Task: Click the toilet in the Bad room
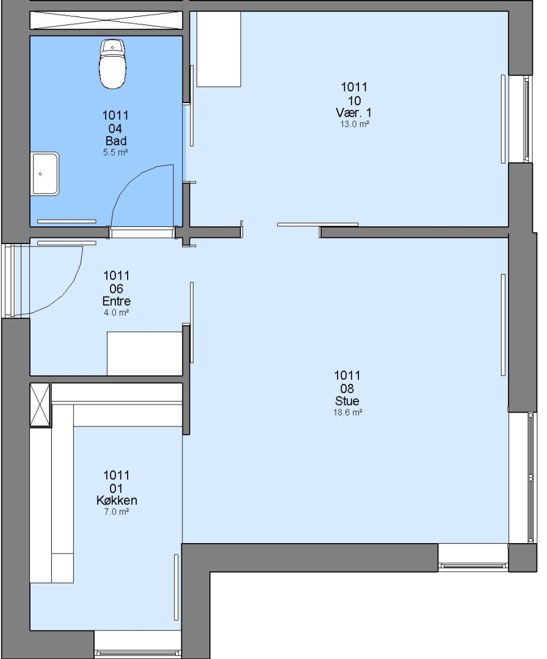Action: click(x=112, y=64)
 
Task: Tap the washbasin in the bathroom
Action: click(x=45, y=173)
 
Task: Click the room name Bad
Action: click(x=116, y=141)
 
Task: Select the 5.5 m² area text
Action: click(x=115, y=153)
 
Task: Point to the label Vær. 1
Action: click(x=353, y=113)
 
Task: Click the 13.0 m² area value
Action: click(x=355, y=124)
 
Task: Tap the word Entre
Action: click(x=117, y=301)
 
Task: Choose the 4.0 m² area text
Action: click(x=116, y=312)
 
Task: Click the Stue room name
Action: click(x=347, y=400)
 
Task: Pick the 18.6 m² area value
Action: click(x=348, y=412)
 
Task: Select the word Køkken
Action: click(x=117, y=500)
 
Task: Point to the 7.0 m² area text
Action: click(x=117, y=512)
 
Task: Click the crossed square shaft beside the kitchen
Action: click(x=40, y=405)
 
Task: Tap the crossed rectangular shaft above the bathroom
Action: click(x=106, y=20)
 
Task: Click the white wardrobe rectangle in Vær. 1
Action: click(x=219, y=49)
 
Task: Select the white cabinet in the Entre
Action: click(x=145, y=353)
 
